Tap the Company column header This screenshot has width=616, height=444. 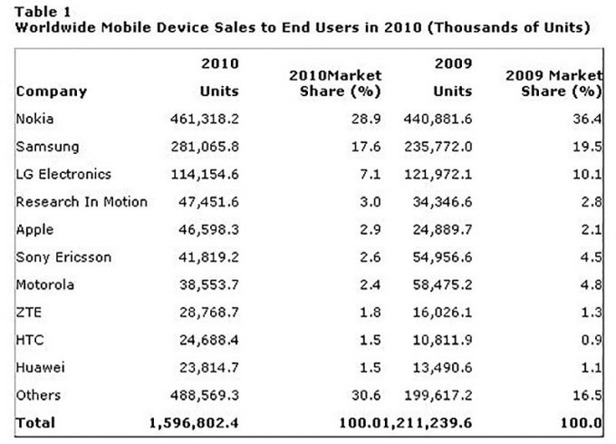[x=52, y=92]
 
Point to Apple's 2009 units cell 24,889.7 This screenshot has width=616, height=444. [x=450, y=230]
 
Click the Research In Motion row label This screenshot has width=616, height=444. [x=82, y=202]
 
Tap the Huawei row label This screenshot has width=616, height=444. [x=37, y=367]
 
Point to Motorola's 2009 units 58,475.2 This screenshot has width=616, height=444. [x=450, y=285]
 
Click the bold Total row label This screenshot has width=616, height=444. [x=35, y=423]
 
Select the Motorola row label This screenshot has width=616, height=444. [x=43, y=285]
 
